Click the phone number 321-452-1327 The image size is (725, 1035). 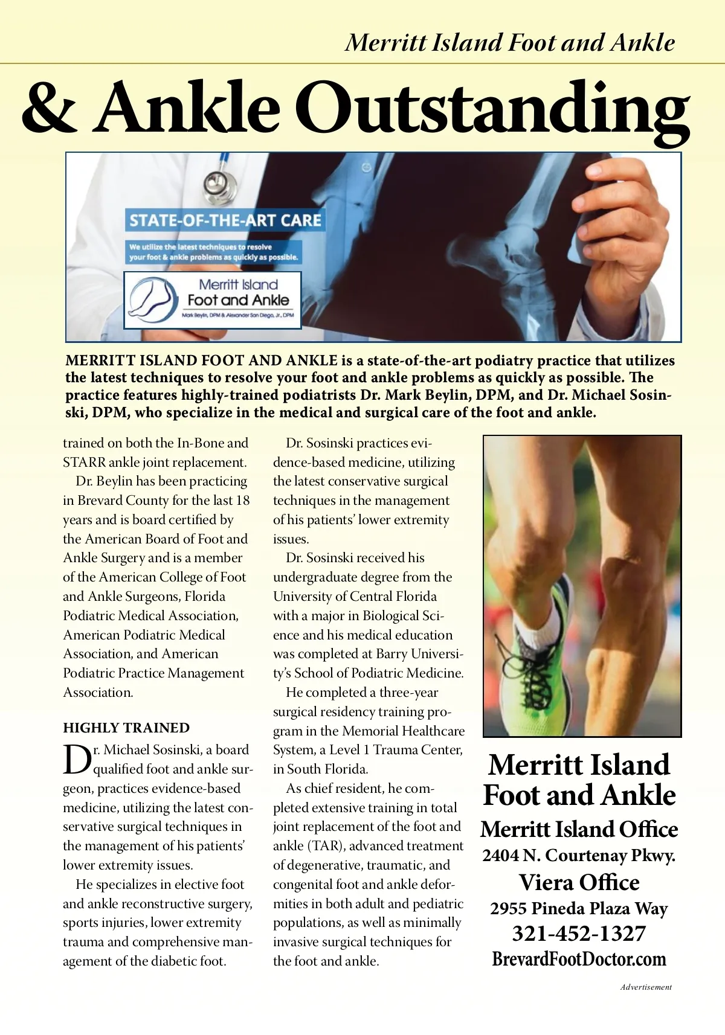pos(579,934)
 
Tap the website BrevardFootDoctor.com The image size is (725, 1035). pos(579,959)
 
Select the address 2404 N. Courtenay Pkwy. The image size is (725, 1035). pos(579,856)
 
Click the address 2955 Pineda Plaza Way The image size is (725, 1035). pos(579,908)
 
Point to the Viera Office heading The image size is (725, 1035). pos(579,882)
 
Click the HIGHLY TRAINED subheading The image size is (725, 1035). pos(126,728)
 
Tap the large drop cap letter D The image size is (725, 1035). pos(77,761)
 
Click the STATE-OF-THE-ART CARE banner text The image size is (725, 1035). pos(225,220)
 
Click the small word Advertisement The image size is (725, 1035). pos(645,987)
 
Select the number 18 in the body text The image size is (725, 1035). pos(242,501)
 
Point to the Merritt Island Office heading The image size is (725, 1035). pos(579,829)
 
